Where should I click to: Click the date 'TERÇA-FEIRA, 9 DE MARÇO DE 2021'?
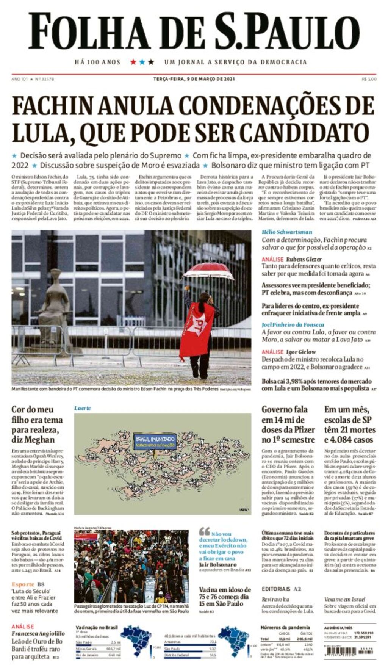(194, 79)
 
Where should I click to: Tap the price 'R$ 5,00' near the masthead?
(369, 79)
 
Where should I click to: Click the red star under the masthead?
(133, 62)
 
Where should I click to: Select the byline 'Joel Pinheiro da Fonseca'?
(293, 324)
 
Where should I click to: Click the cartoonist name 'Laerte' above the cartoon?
(82, 408)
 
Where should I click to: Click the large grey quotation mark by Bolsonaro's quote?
(204, 531)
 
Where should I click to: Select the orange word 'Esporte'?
(23, 584)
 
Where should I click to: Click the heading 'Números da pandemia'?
(285, 627)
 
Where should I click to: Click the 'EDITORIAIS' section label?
(276, 589)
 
